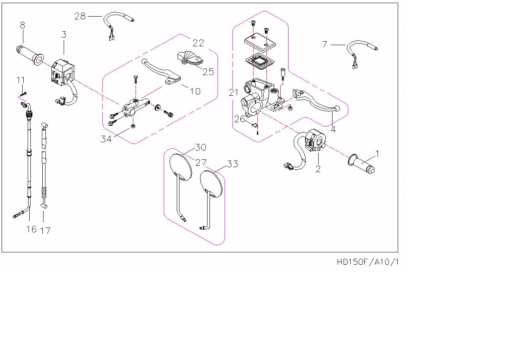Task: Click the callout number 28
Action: click(80, 16)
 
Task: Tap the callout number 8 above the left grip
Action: click(22, 25)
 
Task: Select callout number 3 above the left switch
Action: click(64, 34)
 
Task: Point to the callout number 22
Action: click(198, 43)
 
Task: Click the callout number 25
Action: click(208, 72)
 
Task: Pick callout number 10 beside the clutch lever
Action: click(195, 91)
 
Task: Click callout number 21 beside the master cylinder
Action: click(234, 93)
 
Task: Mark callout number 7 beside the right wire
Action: click(325, 44)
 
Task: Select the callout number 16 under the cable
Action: click(31, 229)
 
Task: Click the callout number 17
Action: click(45, 230)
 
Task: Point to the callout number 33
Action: click(232, 163)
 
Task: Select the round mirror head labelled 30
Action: click(180, 165)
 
